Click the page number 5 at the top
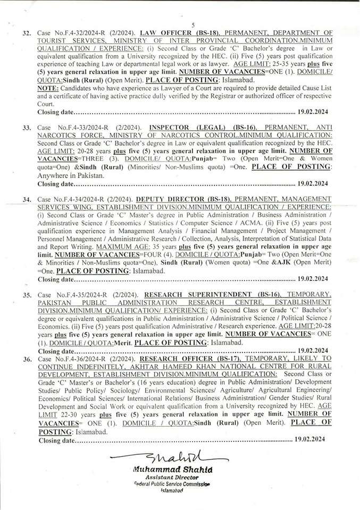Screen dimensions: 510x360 tap(193, 25)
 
